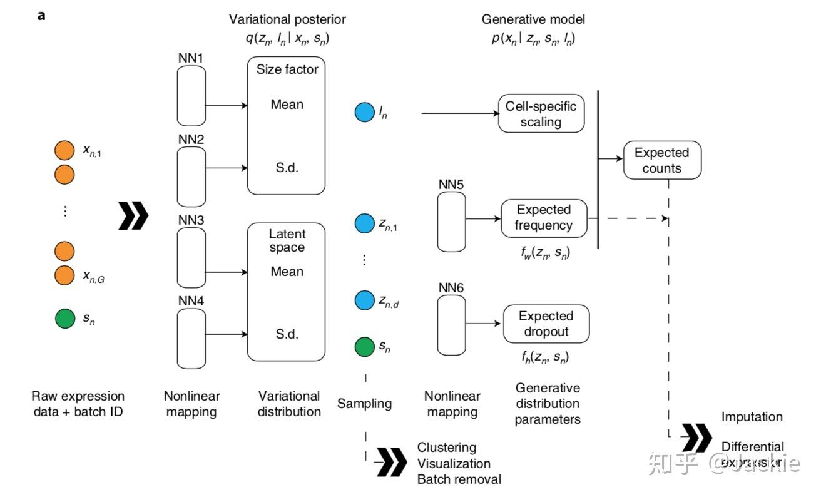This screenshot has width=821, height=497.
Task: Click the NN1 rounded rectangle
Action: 191,96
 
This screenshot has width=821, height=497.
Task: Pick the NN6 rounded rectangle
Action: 451,325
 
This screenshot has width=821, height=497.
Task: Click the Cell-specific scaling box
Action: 541,113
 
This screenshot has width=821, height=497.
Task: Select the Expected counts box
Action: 661,160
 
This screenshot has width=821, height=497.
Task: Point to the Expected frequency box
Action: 544,218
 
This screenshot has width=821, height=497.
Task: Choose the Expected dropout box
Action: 546,324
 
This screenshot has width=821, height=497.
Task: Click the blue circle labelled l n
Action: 364,113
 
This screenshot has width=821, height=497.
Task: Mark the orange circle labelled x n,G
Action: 64,274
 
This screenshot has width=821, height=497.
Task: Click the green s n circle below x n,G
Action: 64,319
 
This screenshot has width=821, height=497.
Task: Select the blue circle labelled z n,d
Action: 364,300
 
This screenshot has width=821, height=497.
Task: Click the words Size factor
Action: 287,69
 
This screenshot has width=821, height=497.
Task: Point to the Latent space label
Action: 287,240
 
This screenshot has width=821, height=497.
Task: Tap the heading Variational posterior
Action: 287,20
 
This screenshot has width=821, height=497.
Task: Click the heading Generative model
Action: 533,20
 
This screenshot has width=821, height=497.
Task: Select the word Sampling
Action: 364,404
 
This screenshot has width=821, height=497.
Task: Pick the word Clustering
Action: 446,448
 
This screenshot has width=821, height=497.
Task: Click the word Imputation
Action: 752,417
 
